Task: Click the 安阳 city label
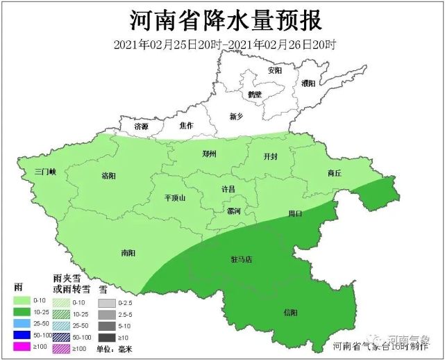(275, 71)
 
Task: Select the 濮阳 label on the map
(309, 83)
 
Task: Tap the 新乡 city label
(237, 116)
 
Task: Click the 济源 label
(142, 127)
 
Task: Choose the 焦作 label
(186, 126)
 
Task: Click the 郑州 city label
(210, 154)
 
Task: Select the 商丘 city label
(334, 173)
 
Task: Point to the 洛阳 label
(109, 175)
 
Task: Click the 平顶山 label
(174, 198)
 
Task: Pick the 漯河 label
(234, 211)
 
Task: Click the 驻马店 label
(241, 259)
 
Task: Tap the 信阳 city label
(289, 313)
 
